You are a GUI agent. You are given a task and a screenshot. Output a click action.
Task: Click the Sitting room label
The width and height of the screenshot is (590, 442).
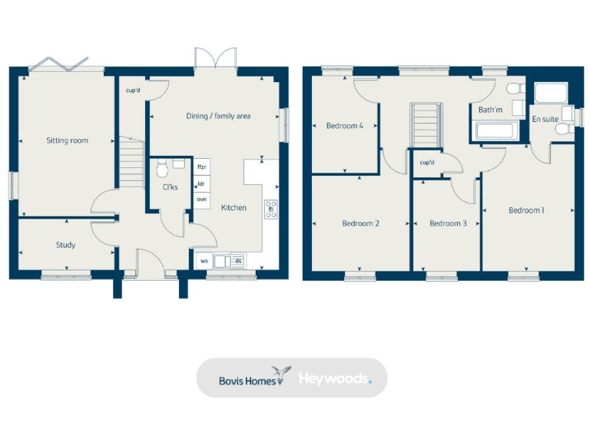67,140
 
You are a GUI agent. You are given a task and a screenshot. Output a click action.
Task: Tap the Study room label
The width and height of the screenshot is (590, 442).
65,246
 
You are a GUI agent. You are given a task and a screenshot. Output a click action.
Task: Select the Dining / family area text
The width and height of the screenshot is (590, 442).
218,116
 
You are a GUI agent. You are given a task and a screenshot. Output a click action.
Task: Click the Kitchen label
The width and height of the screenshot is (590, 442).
234,208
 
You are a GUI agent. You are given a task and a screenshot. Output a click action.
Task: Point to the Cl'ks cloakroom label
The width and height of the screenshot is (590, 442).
170,187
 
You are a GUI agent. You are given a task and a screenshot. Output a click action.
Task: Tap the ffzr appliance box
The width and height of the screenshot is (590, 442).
202,167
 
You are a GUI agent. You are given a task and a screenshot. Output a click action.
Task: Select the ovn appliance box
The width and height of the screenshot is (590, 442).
202,199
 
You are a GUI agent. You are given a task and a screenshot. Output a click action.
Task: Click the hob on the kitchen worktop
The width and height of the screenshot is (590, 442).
270,209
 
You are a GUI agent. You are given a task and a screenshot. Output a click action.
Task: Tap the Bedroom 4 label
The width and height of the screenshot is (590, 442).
344,126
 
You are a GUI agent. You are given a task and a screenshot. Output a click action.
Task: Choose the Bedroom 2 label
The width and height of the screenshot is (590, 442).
360,223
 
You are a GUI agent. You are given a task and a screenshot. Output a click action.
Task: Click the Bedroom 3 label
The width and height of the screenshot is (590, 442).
447,223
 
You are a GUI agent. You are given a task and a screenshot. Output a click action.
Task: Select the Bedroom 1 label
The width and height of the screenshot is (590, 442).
526,209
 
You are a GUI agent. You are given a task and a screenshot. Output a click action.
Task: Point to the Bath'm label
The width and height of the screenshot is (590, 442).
490,110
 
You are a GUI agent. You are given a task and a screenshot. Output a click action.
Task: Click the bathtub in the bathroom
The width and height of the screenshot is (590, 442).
498,131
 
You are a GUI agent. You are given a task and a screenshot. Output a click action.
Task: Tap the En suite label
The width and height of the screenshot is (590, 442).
545,119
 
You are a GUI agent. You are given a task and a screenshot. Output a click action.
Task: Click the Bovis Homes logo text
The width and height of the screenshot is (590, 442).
240,378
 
